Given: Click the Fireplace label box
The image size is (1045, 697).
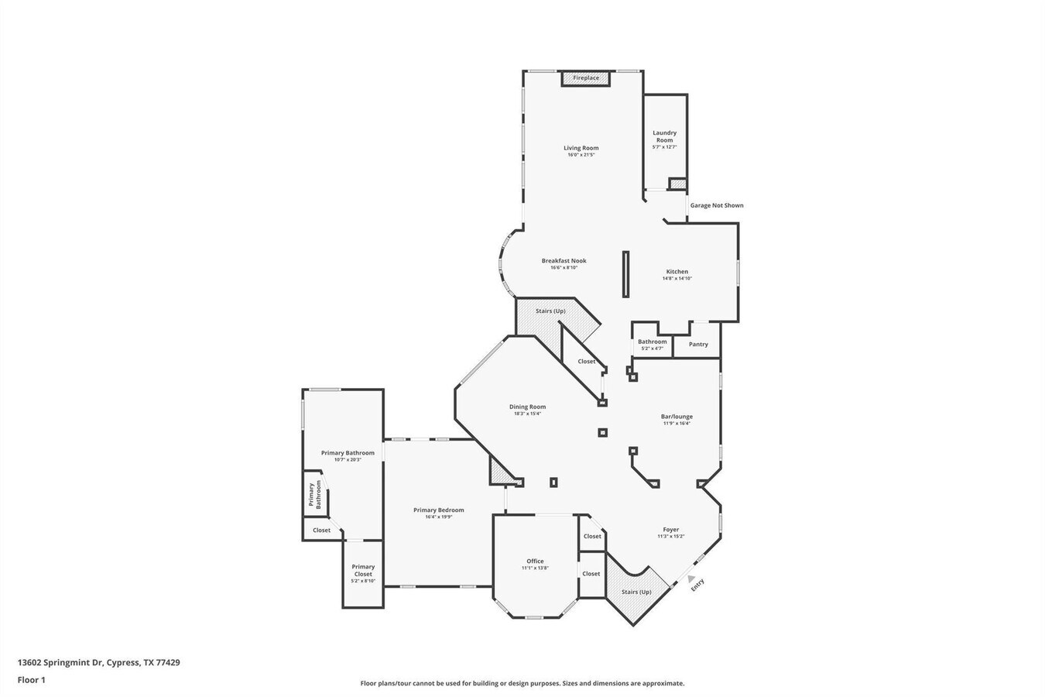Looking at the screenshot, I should pyautogui.click(x=586, y=78).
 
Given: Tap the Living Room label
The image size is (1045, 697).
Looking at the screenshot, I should pyautogui.click(x=581, y=148).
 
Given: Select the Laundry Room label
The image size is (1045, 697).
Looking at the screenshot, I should pyautogui.click(x=664, y=136).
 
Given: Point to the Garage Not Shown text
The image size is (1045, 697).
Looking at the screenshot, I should pyautogui.click(x=717, y=205).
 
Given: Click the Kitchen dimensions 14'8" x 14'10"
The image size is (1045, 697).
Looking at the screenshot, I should pyautogui.click(x=677, y=279).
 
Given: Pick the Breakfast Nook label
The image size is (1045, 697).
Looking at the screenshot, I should pyautogui.click(x=564, y=261).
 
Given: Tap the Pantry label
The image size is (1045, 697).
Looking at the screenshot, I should pyautogui.click(x=698, y=345).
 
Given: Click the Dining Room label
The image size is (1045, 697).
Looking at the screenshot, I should pyautogui.click(x=527, y=407).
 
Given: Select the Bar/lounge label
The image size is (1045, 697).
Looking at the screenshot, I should pyautogui.click(x=677, y=417).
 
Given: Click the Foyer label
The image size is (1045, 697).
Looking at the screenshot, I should pyautogui.click(x=670, y=530).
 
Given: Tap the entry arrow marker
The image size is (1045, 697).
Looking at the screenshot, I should pyautogui.click(x=690, y=577).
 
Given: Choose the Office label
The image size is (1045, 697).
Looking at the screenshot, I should pyautogui.click(x=535, y=561).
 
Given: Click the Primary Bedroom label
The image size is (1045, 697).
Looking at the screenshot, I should pyautogui.click(x=438, y=510).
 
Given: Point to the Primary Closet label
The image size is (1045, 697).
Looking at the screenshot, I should pyautogui.click(x=363, y=570).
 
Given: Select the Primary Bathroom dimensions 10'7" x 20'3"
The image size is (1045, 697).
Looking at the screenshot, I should pyautogui.click(x=348, y=460).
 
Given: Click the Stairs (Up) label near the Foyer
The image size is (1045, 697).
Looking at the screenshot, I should pyautogui.click(x=636, y=592).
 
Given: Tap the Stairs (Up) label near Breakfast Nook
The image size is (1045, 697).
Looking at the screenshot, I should pyautogui.click(x=550, y=311).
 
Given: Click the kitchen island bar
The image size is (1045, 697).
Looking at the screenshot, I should pyautogui.click(x=625, y=274).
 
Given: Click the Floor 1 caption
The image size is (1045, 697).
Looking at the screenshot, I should pyautogui.click(x=32, y=680).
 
